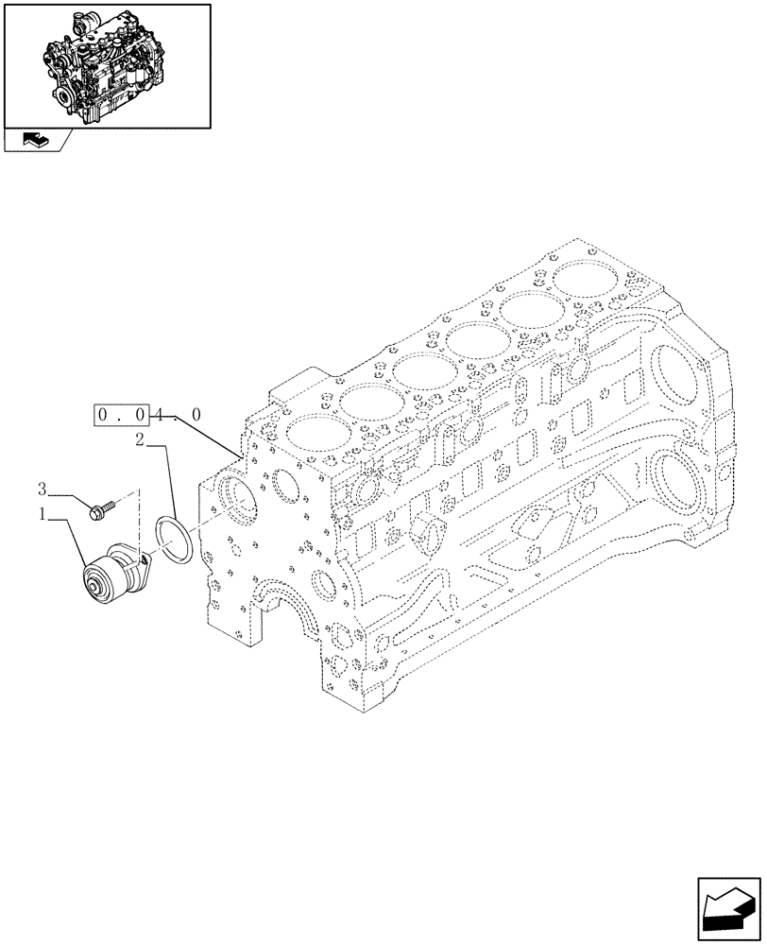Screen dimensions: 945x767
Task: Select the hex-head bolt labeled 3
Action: [97, 511]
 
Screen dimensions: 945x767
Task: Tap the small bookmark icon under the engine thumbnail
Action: [33, 141]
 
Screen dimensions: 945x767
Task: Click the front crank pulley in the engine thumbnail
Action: [69, 96]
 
